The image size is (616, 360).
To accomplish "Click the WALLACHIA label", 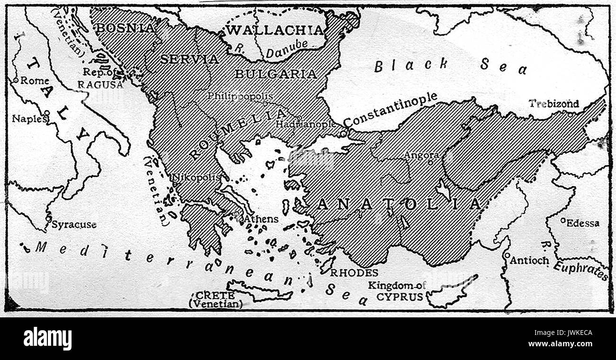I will coord(274,30).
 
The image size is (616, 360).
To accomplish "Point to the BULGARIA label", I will coord(275,74).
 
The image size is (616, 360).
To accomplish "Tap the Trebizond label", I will coord(553,104).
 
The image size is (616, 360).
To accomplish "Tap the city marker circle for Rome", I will coord(16,81).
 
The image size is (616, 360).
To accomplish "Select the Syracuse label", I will coord(73,225).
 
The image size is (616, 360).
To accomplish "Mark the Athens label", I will coord(261,219).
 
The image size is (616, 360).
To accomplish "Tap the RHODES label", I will coord(354,273).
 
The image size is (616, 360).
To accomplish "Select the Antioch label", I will coord(529,260).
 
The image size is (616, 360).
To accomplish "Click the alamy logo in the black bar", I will coord(47,339).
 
